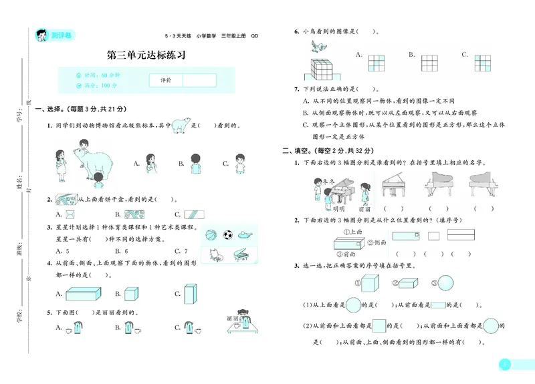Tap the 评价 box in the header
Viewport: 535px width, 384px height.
[x=166, y=80]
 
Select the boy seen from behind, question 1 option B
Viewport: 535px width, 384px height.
[x=195, y=164]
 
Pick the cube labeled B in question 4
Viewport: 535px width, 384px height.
[x=131, y=293]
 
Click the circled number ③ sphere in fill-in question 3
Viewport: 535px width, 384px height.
[x=445, y=282]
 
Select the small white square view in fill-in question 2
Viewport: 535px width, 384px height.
[x=433, y=236]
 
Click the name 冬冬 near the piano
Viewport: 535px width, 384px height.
[x=327, y=180]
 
